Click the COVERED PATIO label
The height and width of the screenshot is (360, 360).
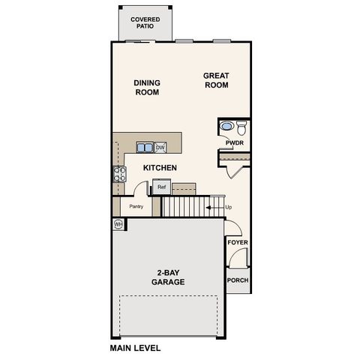(x=144, y=22)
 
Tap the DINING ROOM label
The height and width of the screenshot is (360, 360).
(x=147, y=88)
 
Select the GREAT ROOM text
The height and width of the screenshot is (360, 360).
(x=216, y=79)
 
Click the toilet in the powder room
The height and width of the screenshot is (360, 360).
(x=241, y=127)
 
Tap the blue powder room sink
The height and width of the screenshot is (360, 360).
(x=226, y=127)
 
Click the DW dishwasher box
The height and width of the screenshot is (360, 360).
(x=160, y=147)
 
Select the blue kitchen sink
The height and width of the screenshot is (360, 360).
(x=144, y=147)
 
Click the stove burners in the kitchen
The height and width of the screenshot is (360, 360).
(x=118, y=174)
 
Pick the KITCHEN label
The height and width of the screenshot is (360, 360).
(x=160, y=168)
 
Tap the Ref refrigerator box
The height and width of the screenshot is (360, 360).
(x=161, y=187)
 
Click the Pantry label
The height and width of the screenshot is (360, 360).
(x=136, y=206)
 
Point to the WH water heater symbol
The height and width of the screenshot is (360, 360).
(x=118, y=223)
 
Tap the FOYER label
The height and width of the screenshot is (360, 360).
(x=238, y=243)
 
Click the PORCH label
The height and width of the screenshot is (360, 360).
(x=238, y=280)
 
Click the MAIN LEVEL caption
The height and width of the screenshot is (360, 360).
(x=135, y=348)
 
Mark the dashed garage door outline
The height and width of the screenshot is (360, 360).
(x=169, y=295)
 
